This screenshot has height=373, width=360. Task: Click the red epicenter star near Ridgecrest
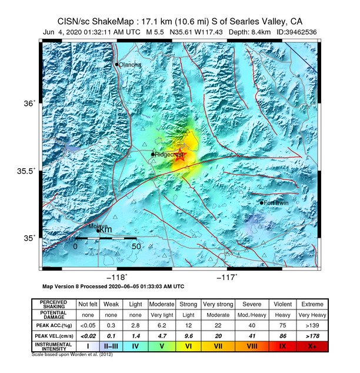tap(181, 156)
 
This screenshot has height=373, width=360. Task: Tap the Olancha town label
tap(130, 65)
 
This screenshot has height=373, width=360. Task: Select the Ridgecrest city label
tap(169, 155)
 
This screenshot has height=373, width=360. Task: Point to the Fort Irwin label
tap(276, 203)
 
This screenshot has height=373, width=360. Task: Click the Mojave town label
tap(95, 226)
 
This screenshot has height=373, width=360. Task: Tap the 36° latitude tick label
tap(29, 104)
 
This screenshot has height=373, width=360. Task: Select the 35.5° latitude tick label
tap(26, 171)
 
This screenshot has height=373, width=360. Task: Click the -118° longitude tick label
tap(117, 277)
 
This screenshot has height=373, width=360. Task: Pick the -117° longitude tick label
tap(228, 277)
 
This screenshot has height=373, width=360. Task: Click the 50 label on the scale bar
tap(135, 246)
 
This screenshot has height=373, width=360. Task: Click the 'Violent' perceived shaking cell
tap(283, 304)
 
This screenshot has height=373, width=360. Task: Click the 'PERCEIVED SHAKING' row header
tap(53, 304)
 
